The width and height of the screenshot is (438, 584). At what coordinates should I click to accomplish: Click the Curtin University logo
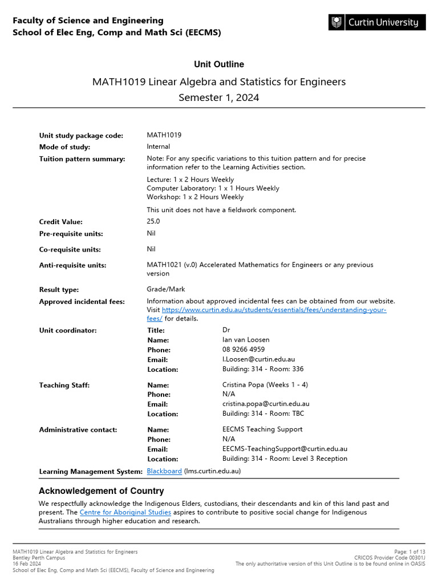[x=376, y=23]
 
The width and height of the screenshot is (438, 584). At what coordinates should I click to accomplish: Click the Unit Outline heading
[x=219, y=64]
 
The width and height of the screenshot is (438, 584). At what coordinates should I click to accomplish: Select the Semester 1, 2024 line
[x=219, y=98]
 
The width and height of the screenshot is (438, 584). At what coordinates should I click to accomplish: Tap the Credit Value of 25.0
[x=153, y=221]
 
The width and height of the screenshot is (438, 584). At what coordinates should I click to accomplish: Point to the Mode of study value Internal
[x=158, y=147]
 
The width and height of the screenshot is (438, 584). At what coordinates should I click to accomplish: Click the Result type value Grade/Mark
[x=165, y=289]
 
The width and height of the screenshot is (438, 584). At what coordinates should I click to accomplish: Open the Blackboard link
[x=164, y=471]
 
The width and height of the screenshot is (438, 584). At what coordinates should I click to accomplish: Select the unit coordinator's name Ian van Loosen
[x=246, y=340]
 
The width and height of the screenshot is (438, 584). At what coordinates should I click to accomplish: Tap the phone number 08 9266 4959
[x=244, y=350]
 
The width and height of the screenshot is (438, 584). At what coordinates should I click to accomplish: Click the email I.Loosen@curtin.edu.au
[x=258, y=359]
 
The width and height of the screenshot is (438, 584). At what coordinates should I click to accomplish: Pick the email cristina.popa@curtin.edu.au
[x=266, y=404]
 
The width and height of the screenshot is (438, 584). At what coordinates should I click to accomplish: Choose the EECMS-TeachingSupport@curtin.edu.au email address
[x=285, y=449]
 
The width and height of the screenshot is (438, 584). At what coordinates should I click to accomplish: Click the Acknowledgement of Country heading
[x=101, y=491]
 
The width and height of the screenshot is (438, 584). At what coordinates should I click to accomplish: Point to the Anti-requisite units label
[x=72, y=265]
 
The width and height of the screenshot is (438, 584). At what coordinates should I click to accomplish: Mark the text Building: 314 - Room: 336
[x=263, y=369]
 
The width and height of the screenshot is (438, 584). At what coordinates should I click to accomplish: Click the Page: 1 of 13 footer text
[x=409, y=551]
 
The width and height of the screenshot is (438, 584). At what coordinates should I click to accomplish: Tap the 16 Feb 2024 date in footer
[x=27, y=563]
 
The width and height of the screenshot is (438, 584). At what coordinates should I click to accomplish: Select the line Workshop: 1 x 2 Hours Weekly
[x=195, y=197]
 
